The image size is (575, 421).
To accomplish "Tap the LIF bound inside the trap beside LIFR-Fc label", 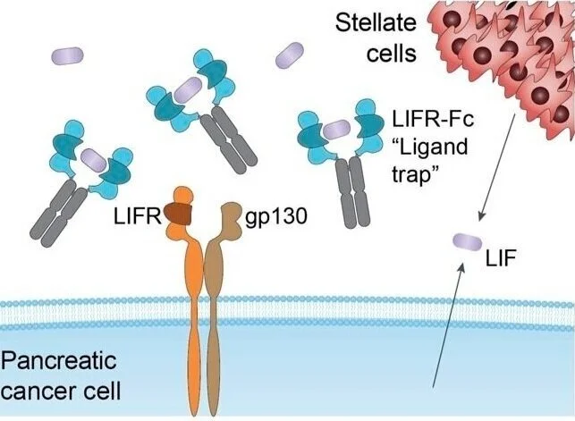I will click(336, 131).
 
